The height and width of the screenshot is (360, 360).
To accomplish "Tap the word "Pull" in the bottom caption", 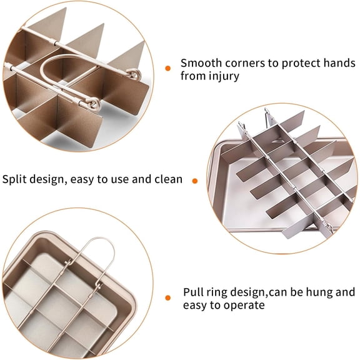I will (x=192, y=292).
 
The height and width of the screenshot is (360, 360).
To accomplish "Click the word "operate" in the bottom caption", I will (x=243, y=305).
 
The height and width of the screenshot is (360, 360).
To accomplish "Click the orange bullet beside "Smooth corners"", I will (x=167, y=67).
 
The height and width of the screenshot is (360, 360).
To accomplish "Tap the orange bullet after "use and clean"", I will (x=194, y=181).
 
